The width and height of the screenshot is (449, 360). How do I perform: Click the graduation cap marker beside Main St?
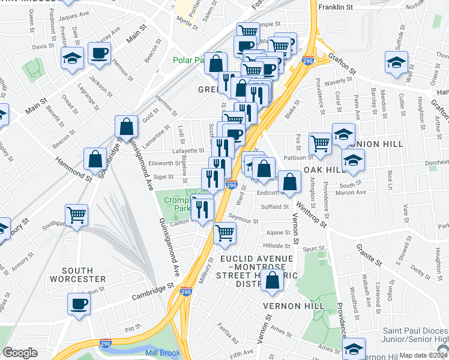[71, 58]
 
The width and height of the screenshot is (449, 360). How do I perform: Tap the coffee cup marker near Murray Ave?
[98, 53]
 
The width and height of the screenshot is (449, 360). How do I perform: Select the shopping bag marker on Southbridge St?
[127, 126]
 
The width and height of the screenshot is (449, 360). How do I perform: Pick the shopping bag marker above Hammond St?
[95, 159]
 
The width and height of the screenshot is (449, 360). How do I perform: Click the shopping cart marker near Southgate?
[77, 215]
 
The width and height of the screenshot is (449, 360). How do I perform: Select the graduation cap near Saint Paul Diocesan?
[354, 349]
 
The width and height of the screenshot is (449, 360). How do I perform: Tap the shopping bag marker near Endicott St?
[289, 182]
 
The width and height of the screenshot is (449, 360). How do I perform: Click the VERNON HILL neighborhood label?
[294, 306]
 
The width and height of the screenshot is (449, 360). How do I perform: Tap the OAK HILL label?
[325, 170]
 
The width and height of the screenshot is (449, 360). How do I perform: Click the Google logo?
[20, 353]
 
